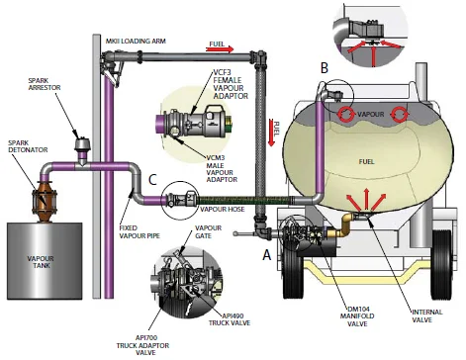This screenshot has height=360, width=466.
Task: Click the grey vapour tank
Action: (45, 261)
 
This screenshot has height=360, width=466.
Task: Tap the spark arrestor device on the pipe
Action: (81, 147)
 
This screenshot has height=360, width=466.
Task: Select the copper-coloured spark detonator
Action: (45, 201)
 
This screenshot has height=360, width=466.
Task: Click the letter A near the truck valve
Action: (267, 254)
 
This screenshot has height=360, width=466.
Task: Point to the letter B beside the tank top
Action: (325, 67)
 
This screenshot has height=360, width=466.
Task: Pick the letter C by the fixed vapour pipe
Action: (152, 180)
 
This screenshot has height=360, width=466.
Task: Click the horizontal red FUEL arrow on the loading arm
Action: (220, 49)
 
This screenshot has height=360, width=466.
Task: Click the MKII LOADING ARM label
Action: (136, 42)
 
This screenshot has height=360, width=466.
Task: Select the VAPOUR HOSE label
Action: (223, 209)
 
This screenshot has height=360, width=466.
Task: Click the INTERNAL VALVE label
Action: (427, 315)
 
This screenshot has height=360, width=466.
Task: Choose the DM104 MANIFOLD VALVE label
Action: (357, 316)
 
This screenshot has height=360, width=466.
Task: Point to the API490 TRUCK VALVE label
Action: (230, 319)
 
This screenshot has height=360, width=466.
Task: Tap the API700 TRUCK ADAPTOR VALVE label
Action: (142, 345)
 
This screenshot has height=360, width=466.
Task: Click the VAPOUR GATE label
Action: (208, 231)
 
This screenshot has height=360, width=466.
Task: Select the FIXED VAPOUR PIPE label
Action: (140, 231)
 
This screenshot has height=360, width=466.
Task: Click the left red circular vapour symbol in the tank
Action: (345, 114)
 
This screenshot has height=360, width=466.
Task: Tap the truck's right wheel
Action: (441, 265)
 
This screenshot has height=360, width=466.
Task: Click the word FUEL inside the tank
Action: (367, 161)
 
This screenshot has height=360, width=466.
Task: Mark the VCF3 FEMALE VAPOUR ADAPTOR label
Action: (231, 84)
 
